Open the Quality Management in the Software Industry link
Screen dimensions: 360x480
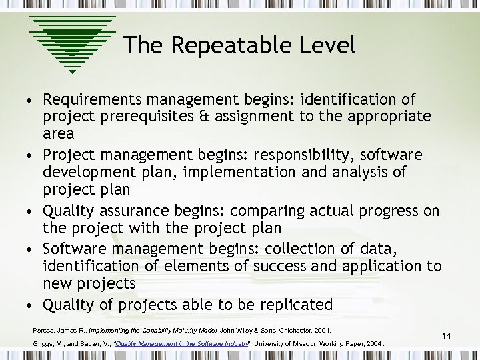coord(175,344)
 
